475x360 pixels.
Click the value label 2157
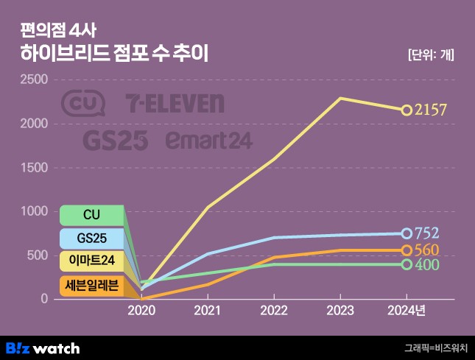[431, 110]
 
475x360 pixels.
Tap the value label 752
[426, 233]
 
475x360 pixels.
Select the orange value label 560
[426, 250]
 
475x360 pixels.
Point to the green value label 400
[426, 264]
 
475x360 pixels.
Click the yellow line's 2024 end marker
[407, 110]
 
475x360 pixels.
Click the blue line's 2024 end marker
[407, 233]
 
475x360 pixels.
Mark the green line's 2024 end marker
[407, 264]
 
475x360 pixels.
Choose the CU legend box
[91, 215]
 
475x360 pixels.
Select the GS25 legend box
[91, 239]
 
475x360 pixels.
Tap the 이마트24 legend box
[91, 262]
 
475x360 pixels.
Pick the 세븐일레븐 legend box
[91, 286]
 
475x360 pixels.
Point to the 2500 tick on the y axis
[34, 80]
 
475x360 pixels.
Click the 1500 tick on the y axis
[34, 168]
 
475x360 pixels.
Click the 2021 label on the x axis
[207, 311]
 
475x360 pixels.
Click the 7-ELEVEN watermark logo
[175, 104]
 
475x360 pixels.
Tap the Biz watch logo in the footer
[43, 347]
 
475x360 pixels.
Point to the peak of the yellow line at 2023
[339, 98]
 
